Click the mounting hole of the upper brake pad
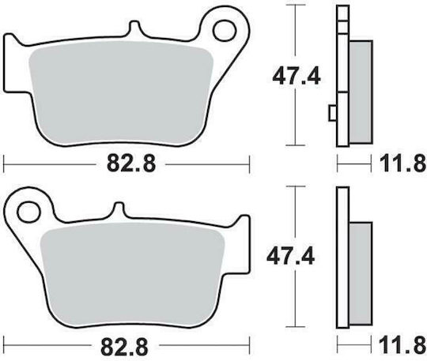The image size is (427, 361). click(225, 31)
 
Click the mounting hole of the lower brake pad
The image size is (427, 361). click(28, 212)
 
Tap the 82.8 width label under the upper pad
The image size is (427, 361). click(131, 164)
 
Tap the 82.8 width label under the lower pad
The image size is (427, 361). click(124, 346)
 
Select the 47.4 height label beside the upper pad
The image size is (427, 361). click(297, 77)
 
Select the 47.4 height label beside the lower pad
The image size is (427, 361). click(290, 256)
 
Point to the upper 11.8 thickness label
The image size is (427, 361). click(402, 164)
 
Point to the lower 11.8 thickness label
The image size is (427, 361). click(402, 346)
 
